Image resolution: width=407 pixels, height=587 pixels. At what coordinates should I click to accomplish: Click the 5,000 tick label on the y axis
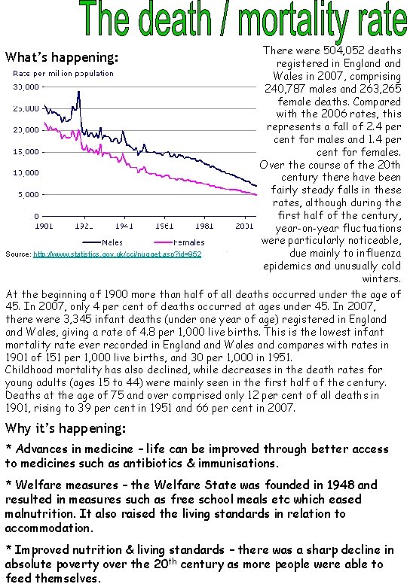pyautogui.click(x=28, y=194)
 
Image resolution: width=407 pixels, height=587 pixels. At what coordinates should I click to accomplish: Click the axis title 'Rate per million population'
pyautogui.click(x=63, y=74)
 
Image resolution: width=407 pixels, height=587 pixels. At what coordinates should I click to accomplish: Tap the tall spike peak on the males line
pyautogui.click(x=78, y=92)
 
